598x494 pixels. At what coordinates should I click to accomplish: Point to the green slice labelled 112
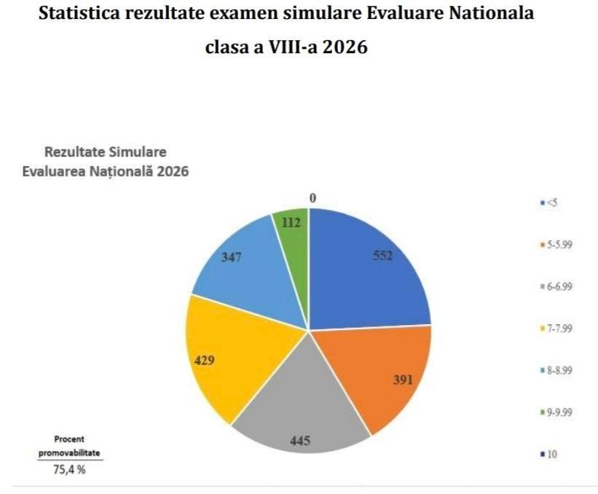291,226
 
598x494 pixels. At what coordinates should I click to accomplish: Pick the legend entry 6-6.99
557,286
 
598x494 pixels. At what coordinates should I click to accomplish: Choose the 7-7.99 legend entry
557,328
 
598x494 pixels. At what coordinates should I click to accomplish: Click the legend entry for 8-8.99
557,370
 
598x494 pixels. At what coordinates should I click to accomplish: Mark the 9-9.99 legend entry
557,412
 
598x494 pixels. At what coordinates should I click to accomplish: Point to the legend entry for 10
551,455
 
